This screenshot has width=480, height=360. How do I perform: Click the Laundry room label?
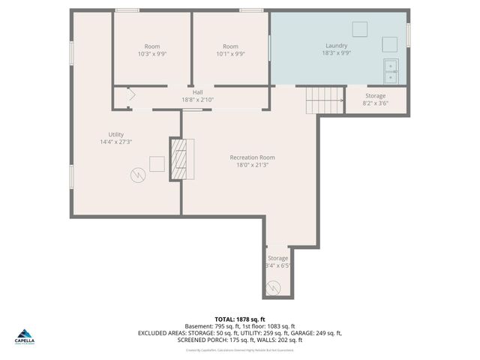point(335,49)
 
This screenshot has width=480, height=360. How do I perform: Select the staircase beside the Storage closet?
point(324,99)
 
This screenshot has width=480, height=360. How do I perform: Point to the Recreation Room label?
point(252,160)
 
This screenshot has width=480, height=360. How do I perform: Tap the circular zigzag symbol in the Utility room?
point(137,175)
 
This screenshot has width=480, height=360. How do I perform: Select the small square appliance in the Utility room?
point(157,164)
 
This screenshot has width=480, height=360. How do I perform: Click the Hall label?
point(197,95)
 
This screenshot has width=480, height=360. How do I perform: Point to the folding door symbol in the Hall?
point(129,95)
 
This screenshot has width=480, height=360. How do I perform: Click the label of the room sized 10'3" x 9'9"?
point(152,49)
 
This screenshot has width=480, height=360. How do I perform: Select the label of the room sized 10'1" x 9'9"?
point(230,49)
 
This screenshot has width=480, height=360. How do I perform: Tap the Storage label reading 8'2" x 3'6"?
point(376,100)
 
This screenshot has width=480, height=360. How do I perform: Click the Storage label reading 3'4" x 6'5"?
point(277,262)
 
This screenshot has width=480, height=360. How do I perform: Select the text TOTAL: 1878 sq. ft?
point(240,319)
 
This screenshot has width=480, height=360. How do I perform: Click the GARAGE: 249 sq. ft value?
point(319,333)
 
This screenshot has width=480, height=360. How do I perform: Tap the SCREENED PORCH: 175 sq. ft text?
point(210,340)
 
